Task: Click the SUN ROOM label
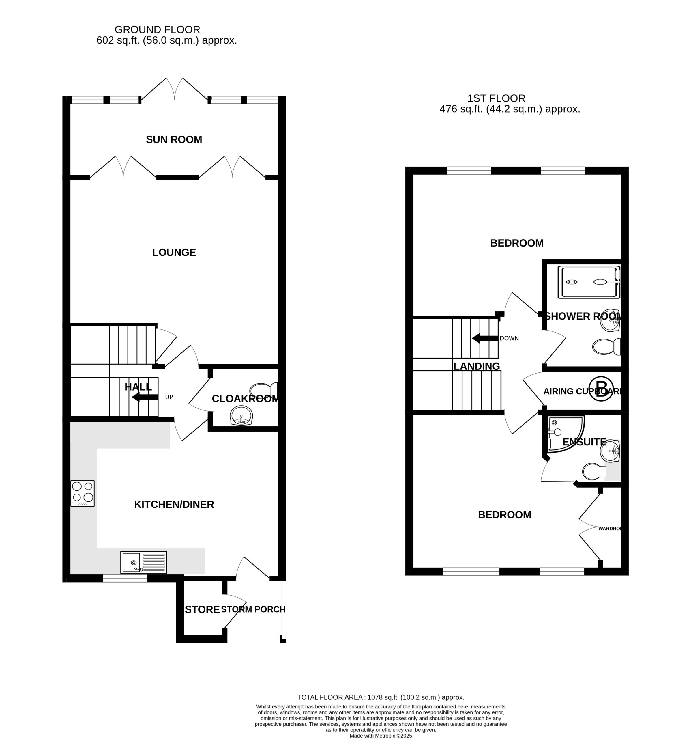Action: click(x=174, y=139)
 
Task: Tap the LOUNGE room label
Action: click(x=174, y=252)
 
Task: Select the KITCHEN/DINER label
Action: click(x=174, y=504)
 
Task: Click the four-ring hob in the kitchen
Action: click(x=83, y=493)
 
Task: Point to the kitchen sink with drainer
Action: click(x=143, y=562)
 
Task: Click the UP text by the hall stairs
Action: click(x=169, y=397)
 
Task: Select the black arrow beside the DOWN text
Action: click(x=485, y=338)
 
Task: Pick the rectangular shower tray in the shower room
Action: click(x=589, y=282)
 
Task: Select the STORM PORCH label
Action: click(x=253, y=609)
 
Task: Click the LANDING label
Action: click(x=477, y=366)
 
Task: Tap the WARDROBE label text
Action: click(x=610, y=528)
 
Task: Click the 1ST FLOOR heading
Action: click(x=496, y=98)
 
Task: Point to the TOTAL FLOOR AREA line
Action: click(x=381, y=697)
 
